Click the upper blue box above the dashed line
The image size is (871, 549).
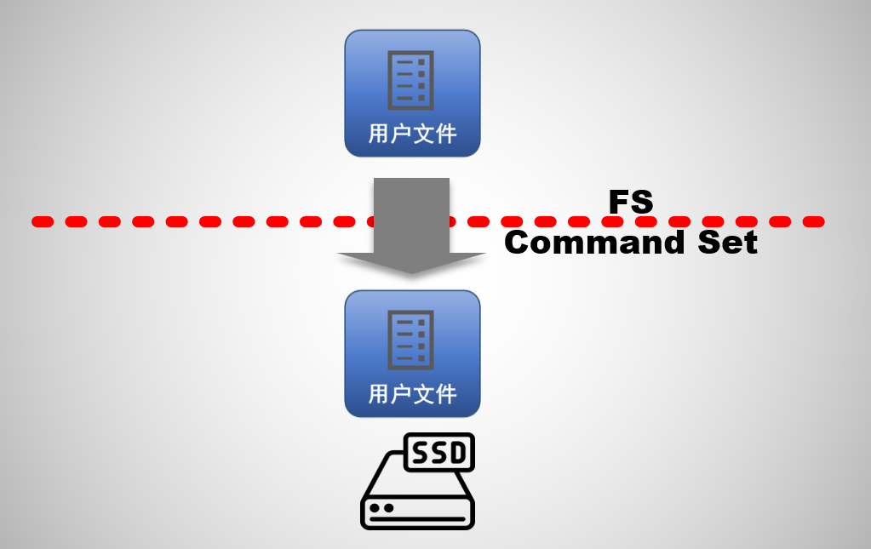click(x=412, y=94)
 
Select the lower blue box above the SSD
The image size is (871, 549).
click(x=412, y=354)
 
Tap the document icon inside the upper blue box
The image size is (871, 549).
click(x=412, y=80)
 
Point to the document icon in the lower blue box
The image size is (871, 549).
click(x=412, y=340)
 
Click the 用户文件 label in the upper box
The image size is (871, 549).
click(x=412, y=134)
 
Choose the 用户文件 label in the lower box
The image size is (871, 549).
click(x=412, y=394)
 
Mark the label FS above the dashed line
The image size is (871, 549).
click(x=631, y=203)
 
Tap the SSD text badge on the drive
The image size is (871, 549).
click(x=438, y=452)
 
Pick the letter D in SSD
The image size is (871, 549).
click(x=458, y=452)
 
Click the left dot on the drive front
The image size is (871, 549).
click(x=375, y=508)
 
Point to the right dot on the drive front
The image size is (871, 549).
click(x=388, y=508)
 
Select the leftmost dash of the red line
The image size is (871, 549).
click(x=43, y=222)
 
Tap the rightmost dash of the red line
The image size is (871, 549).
click(x=814, y=222)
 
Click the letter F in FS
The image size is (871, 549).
click(x=619, y=203)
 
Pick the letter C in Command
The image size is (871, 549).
click(x=518, y=243)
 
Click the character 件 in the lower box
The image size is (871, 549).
click(x=445, y=394)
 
